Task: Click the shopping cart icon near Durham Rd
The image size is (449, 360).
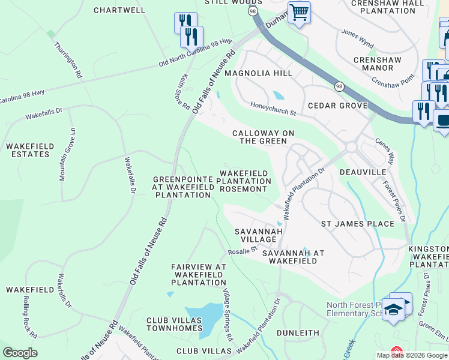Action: pyautogui.click(x=299, y=12)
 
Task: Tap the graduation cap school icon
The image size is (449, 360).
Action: pyautogui.click(x=394, y=310)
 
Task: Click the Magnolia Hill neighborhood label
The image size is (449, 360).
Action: pyautogui.click(x=258, y=73)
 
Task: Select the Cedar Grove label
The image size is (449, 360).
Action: pyautogui.click(x=337, y=106)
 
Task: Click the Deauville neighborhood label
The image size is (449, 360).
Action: pyautogui.click(x=363, y=172)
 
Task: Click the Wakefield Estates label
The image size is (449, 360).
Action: pyautogui.click(x=29, y=150)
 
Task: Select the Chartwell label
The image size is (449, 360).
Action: pyautogui.click(x=120, y=10)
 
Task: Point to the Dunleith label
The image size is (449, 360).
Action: pyautogui.click(x=298, y=332)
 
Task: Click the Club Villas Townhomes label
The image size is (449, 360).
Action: pyautogui.click(x=174, y=325)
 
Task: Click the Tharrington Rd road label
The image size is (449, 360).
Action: pyautogui.click(x=67, y=60)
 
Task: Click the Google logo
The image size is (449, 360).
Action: pyautogui.click(x=20, y=353)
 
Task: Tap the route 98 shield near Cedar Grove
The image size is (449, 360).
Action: pyautogui.click(x=339, y=86)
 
